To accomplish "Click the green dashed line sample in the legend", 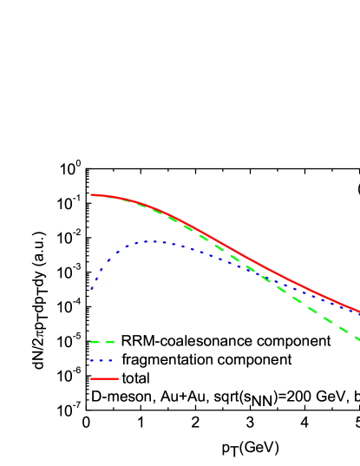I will [102, 342].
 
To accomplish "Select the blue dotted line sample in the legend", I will [102, 360].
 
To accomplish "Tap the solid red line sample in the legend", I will [104, 378].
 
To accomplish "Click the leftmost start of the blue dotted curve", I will [91, 288].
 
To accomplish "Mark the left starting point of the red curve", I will [91, 194].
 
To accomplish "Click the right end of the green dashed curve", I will [358, 338].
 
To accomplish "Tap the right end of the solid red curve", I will [358, 312].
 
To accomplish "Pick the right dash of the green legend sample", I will [110, 342].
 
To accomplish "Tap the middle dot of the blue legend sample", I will [101, 360].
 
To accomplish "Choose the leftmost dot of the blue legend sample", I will [92, 360].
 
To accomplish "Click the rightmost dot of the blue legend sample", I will [111, 360].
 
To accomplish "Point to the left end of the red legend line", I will [91, 378].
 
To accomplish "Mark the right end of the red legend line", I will [118, 378].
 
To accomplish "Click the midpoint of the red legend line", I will [104, 378].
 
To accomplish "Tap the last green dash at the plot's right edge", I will [355, 336].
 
